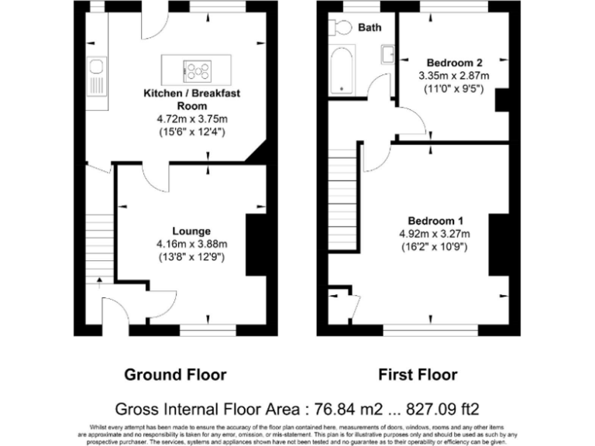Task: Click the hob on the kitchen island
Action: [197, 70]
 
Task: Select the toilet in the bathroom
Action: [338, 28]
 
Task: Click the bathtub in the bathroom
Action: [341, 70]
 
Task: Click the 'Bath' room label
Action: [370, 28]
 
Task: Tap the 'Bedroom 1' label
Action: [433, 218]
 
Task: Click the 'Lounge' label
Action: [191, 231]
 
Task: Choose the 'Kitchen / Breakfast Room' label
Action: [192, 99]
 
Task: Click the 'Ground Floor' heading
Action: [176, 375]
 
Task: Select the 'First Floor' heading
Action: [418, 375]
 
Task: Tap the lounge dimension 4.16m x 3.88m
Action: [191, 244]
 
